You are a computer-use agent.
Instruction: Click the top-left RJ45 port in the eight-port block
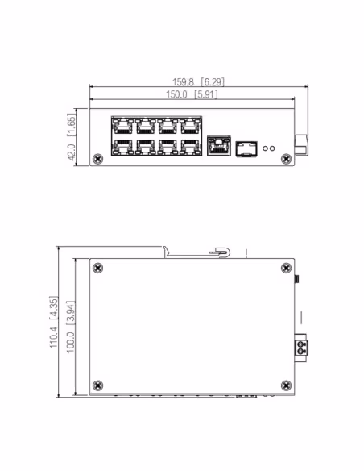click(x=122, y=126)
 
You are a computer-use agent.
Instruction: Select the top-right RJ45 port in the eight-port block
click(x=191, y=126)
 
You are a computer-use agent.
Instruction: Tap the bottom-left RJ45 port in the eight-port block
click(x=122, y=148)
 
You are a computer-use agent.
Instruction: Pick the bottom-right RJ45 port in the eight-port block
click(x=191, y=148)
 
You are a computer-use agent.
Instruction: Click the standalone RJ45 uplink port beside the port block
click(x=218, y=147)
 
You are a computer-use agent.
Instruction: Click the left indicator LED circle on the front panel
click(x=267, y=148)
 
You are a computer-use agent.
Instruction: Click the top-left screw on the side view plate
click(x=98, y=269)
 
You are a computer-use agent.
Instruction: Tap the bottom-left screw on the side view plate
click(x=98, y=384)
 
